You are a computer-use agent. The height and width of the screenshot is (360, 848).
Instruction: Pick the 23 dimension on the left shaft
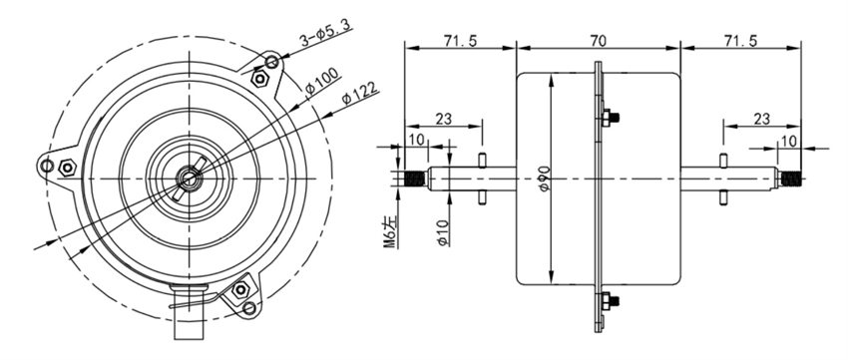click(444, 118)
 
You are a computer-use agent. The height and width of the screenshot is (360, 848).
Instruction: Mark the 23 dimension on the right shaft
click(760, 118)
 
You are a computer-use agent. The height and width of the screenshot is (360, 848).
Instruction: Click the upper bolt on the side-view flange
click(607, 118)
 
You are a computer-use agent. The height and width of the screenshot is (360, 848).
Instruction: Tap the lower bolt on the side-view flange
click(607, 300)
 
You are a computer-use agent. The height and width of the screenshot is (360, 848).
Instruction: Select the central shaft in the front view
click(188, 178)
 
